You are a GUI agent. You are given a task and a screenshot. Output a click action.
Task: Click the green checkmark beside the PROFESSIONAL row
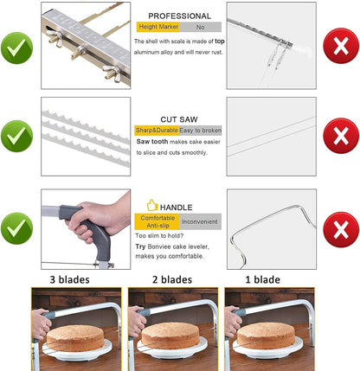click(x=16, y=48)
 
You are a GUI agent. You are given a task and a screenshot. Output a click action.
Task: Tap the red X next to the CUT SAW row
click(x=341, y=136)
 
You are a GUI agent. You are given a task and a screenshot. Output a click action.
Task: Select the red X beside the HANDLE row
click(x=341, y=229)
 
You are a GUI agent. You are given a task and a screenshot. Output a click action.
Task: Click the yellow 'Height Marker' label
click(x=158, y=27)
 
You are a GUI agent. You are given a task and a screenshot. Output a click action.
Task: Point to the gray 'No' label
click(x=201, y=27)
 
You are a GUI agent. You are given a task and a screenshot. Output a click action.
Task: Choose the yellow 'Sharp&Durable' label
click(x=157, y=131)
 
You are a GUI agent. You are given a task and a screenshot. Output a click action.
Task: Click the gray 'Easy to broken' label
click(x=200, y=131)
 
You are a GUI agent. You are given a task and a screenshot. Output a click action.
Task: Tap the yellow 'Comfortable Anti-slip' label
click(x=157, y=221)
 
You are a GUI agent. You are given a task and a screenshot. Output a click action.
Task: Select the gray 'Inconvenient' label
click(x=201, y=221)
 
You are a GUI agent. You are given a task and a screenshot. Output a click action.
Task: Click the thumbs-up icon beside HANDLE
click(x=152, y=205)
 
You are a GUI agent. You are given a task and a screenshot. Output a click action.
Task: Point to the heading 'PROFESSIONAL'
click(x=179, y=16)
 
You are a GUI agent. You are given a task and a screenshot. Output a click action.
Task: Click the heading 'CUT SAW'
click(x=179, y=119)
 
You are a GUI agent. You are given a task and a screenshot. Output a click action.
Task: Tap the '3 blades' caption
click(x=69, y=279)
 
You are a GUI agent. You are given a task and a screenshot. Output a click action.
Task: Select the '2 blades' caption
click(x=172, y=279)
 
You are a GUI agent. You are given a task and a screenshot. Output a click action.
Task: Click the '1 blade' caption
click(x=262, y=279)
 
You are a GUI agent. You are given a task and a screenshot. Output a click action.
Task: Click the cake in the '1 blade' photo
click(x=266, y=336)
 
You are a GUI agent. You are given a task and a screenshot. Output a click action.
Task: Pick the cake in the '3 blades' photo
click(x=75, y=337)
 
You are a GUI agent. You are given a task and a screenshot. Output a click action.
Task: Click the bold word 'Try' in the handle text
click(x=140, y=246)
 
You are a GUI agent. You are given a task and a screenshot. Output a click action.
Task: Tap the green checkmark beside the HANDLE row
click(x=16, y=228)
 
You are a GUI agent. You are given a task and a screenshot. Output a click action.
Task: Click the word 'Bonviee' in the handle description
click(x=158, y=246)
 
